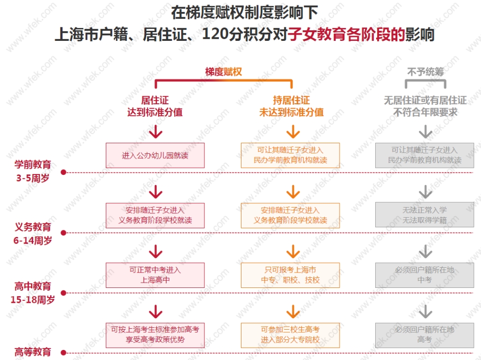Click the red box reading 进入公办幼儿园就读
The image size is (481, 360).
pyautogui.click(x=155, y=155)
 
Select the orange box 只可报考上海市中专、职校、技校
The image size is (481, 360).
pyautogui.click(x=290, y=275)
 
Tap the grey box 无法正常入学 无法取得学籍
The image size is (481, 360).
pyautogui.click(x=424, y=215)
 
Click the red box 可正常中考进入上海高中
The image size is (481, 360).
pyautogui.click(x=155, y=275)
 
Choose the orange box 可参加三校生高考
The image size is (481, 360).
pyautogui.click(x=290, y=335)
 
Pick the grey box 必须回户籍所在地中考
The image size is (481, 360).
pyautogui.click(x=424, y=275)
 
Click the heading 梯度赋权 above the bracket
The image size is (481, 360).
pyautogui.click(x=223, y=72)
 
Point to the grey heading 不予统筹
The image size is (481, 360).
pyautogui.click(x=425, y=72)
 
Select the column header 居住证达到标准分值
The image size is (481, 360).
pyautogui.click(x=155, y=106)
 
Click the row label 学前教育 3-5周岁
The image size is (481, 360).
pyautogui.click(x=33, y=171)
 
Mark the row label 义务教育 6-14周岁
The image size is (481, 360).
pyautogui.click(x=33, y=234)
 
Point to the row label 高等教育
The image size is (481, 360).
pyautogui.click(x=33, y=351)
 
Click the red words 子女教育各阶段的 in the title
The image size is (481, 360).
pyautogui.click(x=346, y=35)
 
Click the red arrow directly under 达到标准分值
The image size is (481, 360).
pyautogui.click(x=155, y=132)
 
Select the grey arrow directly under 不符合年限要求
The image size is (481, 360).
pyautogui.click(x=425, y=132)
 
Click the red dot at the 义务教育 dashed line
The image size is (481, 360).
pyautogui.click(x=63, y=232)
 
